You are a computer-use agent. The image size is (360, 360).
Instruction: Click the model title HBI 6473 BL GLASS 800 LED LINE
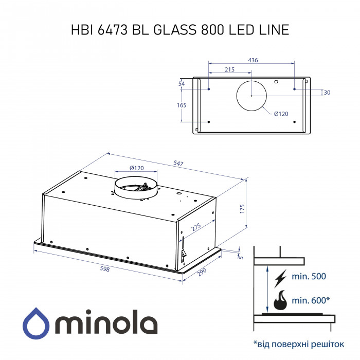[x=179, y=30]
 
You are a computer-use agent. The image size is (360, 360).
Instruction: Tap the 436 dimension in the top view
[x=253, y=60]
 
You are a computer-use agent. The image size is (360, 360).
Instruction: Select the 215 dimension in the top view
[x=229, y=69]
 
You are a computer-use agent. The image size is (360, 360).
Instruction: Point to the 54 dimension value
[x=181, y=83]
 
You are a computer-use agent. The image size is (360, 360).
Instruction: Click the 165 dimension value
[x=181, y=105]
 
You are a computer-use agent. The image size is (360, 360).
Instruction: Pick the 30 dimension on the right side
[x=327, y=93]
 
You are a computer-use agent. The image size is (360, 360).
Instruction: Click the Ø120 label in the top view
[x=280, y=114]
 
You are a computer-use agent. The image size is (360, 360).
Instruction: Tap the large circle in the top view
[x=251, y=96]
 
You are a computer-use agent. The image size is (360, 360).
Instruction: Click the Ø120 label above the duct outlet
[x=136, y=168]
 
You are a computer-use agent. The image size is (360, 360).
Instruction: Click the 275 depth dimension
[x=196, y=227]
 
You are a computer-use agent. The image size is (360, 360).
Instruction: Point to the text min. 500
[x=309, y=277]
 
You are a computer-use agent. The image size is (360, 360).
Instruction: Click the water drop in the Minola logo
[x=35, y=321]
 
